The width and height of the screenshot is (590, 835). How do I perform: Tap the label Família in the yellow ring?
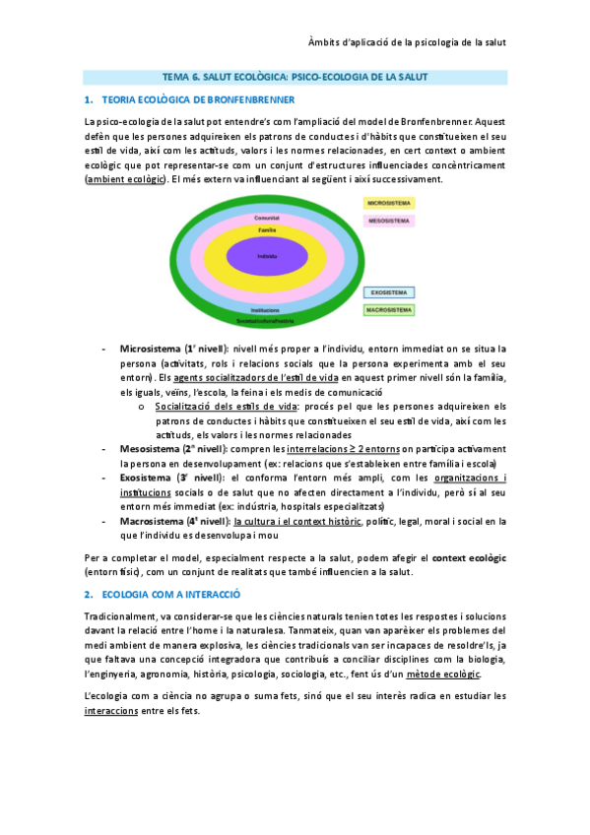[266, 229]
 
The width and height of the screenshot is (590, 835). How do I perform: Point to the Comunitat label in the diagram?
[266, 218]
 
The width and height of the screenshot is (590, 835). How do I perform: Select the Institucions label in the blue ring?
[265, 310]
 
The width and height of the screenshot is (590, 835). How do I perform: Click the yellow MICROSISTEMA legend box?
[390, 202]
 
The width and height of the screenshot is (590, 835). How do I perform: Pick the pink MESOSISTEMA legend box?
[390, 221]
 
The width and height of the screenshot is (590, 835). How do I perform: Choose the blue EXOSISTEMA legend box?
[390, 292]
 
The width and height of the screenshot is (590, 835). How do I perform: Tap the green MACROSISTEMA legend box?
[390, 310]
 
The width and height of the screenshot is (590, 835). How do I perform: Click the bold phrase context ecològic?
[468, 558]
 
